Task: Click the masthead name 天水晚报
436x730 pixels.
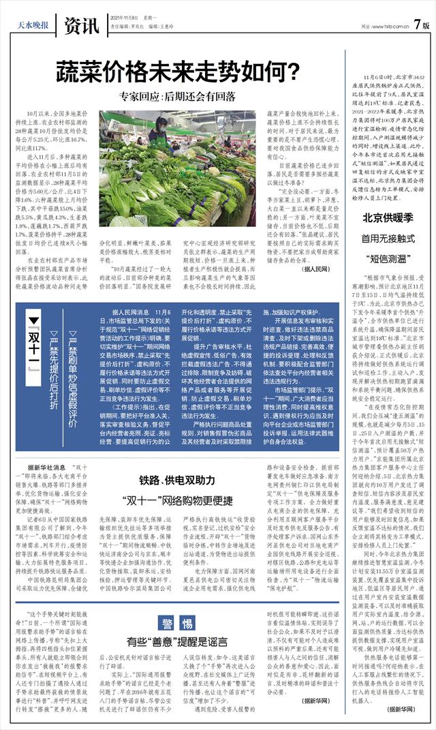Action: tap(32, 27)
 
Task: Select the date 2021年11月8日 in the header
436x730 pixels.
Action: tap(125, 19)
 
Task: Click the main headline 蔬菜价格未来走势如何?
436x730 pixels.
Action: tap(178, 71)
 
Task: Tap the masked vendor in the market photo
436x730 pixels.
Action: tap(162, 127)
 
